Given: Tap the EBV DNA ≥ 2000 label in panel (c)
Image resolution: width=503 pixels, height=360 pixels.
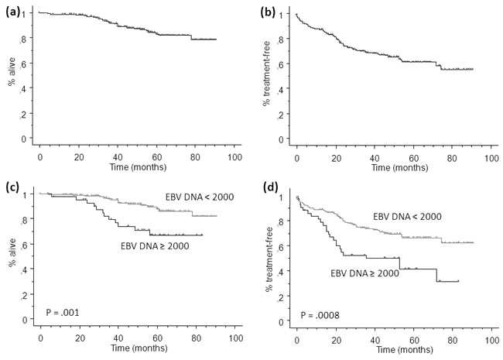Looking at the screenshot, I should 156,247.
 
